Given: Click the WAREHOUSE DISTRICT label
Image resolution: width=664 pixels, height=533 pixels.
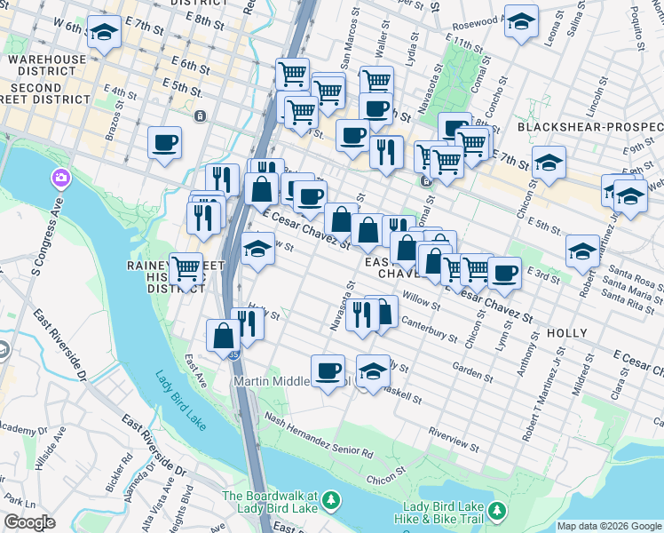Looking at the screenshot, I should tap(48, 66).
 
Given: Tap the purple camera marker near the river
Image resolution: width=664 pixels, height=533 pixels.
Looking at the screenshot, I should tap(61, 179).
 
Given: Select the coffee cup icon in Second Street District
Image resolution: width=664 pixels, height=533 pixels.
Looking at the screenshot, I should tap(164, 142).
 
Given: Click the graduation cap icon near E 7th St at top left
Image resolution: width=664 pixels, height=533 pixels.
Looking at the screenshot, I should tap(104, 33).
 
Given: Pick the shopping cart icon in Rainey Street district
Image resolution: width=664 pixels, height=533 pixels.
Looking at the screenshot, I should tap(186, 266).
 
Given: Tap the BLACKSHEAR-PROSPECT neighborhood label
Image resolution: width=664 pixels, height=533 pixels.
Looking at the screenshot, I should tap(590, 127).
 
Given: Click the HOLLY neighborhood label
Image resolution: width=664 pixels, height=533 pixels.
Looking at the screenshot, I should tap(567, 333).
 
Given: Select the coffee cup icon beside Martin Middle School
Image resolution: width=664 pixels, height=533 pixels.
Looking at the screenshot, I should tap(328, 369).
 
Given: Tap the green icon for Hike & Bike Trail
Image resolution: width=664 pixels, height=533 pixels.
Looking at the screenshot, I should tap(497, 511).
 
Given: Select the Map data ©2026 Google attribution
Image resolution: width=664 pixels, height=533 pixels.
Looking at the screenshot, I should tap(609, 526).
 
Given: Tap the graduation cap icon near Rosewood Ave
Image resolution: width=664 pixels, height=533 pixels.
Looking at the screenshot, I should tap(521, 20).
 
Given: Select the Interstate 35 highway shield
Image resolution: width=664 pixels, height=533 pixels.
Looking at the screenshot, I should tap(233, 354).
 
